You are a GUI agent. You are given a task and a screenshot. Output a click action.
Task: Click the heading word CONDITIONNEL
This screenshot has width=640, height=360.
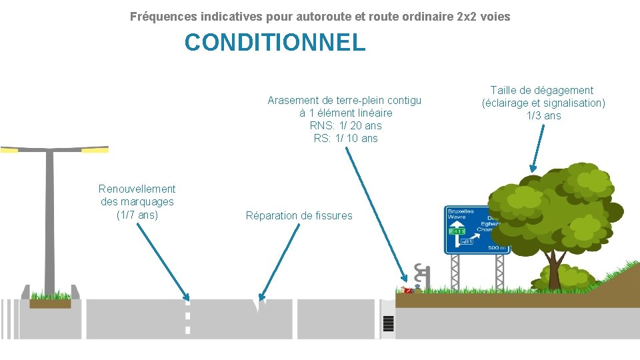pos(275,43)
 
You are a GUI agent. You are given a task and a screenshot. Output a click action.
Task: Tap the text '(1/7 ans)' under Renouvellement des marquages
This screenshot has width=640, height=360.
pos(137,215)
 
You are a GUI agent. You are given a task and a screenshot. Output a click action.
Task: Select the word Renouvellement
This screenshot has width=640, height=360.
pos(137,189)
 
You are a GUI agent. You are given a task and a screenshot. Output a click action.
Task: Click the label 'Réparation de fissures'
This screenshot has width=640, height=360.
pos(299,215)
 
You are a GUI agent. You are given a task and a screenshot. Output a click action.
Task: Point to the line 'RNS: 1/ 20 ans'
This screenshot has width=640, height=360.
pos(345,125)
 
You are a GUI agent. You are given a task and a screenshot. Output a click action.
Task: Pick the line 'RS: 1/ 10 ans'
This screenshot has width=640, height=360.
pos(345,138)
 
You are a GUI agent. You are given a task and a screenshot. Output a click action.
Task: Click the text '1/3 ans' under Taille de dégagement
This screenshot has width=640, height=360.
pos(543,115)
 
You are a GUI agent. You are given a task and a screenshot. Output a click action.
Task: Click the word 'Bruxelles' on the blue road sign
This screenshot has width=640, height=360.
pos(461,211)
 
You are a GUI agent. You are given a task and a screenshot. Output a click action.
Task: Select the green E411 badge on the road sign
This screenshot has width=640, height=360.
pos(457,231)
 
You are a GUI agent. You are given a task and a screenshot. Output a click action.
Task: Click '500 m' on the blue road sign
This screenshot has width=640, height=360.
pos(497,248)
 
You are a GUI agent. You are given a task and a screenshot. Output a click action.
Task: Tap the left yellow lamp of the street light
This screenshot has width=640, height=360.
pos(9,150)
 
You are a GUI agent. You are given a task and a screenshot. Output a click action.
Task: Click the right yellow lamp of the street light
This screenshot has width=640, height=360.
pos(95,150)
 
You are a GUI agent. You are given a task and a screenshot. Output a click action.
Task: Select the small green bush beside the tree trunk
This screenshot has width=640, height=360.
pos(567,277)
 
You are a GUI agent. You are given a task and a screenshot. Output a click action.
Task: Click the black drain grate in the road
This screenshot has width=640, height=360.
pos(388,324)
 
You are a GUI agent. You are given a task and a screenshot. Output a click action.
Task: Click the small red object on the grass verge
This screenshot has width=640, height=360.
pos(407,290)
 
